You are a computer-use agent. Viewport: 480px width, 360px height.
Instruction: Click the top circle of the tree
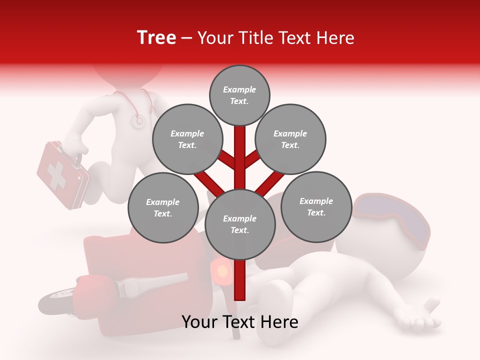239,95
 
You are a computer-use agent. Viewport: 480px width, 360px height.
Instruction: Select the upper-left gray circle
187,139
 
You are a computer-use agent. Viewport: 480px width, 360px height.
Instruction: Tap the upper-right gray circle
290,139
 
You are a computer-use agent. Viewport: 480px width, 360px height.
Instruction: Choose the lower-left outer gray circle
163,207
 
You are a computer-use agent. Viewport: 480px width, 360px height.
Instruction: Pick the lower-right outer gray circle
316,206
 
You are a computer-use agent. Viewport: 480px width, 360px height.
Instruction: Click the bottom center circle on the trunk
240,224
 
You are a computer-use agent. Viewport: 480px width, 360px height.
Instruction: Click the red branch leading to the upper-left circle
227,160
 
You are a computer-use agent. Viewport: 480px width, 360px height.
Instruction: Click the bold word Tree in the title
156,38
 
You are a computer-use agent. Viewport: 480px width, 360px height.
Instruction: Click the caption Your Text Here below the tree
240,322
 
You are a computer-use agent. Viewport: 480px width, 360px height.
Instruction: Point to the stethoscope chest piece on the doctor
137,120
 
